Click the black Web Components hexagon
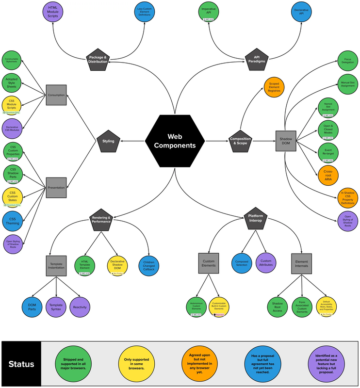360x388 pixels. [x=175, y=141]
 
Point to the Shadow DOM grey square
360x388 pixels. [x=285, y=141]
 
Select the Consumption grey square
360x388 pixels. [x=56, y=95]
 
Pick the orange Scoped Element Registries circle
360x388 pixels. [x=275, y=88]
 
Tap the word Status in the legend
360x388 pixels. [x=21, y=363]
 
